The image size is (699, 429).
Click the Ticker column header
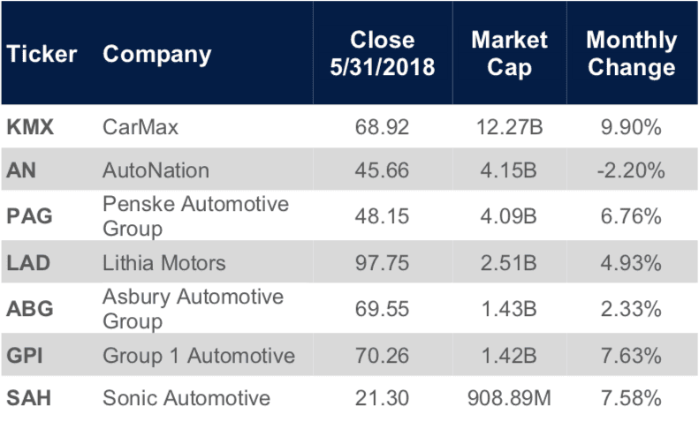[42, 54]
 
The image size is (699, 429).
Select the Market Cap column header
[509, 54]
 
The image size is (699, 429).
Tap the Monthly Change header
[631, 54]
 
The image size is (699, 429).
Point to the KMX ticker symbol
[31, 127]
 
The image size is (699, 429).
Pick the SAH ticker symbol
[29, 398]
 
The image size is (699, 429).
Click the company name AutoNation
[156, 171]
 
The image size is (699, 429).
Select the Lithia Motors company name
[164, 262]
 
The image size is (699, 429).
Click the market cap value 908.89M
[510, 398]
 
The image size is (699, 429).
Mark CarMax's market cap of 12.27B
[510, 127]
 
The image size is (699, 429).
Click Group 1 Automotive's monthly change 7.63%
[632, 356]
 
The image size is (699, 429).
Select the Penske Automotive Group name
[195, 215]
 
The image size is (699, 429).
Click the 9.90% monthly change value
[632, 127]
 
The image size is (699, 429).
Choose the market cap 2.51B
[510, 262]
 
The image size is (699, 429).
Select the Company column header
[157, 54]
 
